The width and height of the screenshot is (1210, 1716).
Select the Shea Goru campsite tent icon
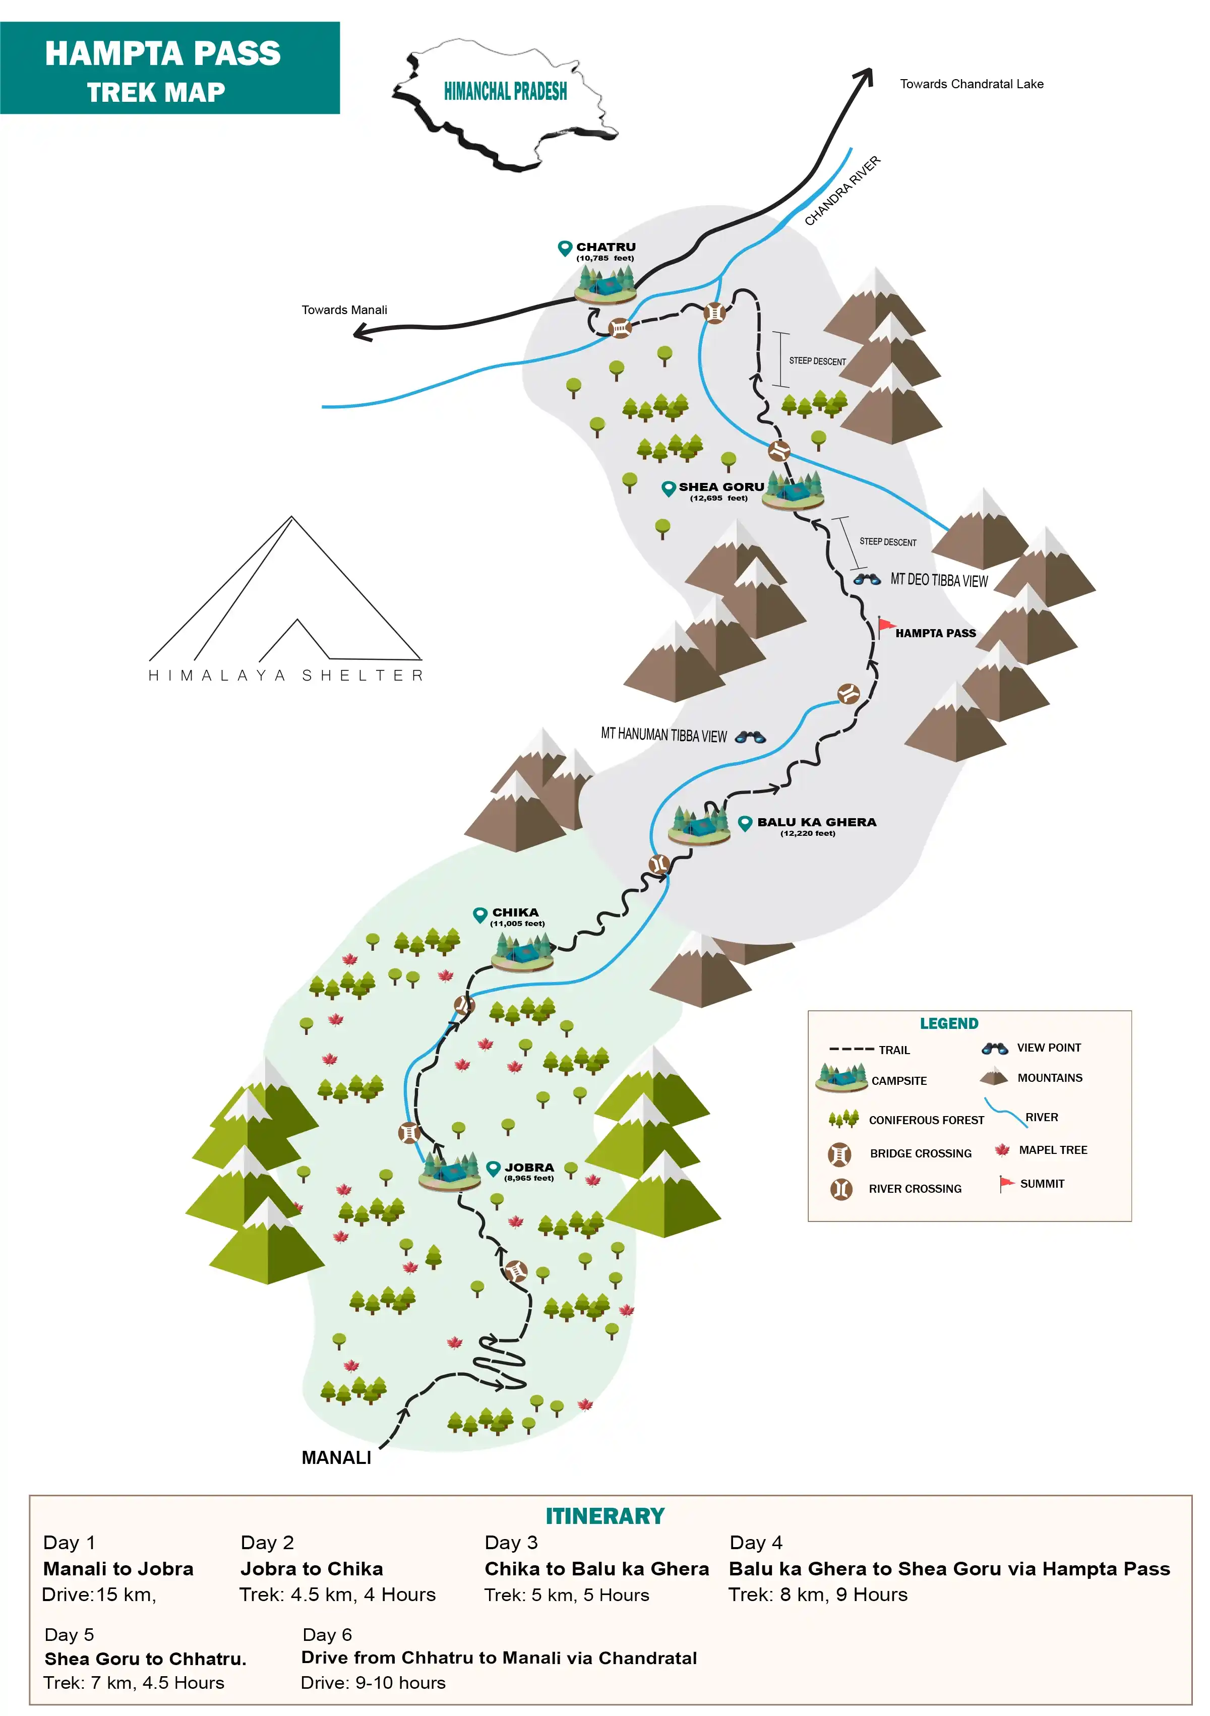click(794, 491)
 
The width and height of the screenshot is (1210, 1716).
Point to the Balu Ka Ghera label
click(816, 823)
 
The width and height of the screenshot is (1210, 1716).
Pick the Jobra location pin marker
click(493, 1168)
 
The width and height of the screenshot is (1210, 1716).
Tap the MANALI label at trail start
click(336, 1458)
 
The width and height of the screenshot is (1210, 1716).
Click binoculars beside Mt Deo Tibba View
click(867, 579)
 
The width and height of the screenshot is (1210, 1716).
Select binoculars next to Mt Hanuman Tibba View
click(750, 737)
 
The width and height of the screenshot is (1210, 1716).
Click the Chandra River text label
click(842, 192)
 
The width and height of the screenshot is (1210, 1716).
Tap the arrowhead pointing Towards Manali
click(361, 333)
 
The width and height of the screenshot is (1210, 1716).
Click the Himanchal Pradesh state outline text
click(505, 92)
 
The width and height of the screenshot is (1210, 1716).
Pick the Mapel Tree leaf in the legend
click(1002, 1150)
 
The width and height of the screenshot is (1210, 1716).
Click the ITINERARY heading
click(604, 1516)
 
